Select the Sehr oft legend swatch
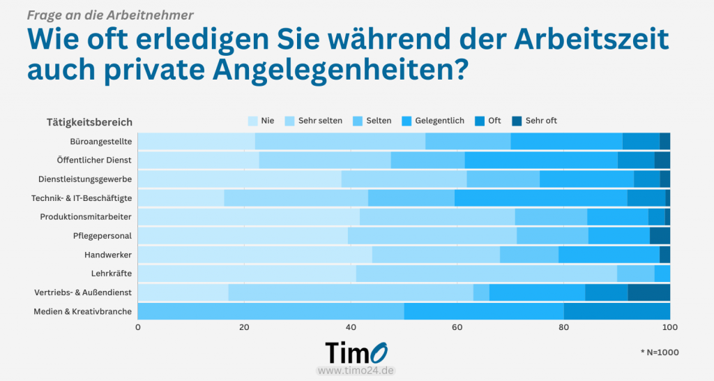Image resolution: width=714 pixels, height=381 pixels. [x=517, y=121]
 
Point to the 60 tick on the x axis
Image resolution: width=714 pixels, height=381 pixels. [x=457, y=327]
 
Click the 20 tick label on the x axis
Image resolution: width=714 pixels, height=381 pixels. [x=244, y=327]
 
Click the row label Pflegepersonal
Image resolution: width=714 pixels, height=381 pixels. [x=102, y=236]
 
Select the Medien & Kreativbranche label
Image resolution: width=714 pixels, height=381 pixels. [x=82, y=311]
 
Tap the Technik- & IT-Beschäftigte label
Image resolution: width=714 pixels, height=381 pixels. [x=82, y=198]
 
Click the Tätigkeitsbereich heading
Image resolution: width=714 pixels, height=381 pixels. [x=89, y=122]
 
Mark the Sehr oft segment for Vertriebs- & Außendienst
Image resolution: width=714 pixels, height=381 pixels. [x=648, y=292]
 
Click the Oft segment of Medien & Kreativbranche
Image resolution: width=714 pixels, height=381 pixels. [x=616, y=311]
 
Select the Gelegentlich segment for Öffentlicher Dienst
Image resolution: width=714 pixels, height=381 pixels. [x=541, y=160]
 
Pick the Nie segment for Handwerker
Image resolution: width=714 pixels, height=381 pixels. [x=255, y=255]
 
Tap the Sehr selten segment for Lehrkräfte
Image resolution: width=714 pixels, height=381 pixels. [x=486, y=274]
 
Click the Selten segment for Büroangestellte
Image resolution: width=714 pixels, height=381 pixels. [x=468, y=141]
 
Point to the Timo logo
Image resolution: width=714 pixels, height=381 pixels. [x=356, y=352]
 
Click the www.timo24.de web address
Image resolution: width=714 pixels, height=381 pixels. [x=356, y=371]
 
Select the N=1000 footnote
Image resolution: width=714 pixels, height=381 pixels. [x=659, y=352]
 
